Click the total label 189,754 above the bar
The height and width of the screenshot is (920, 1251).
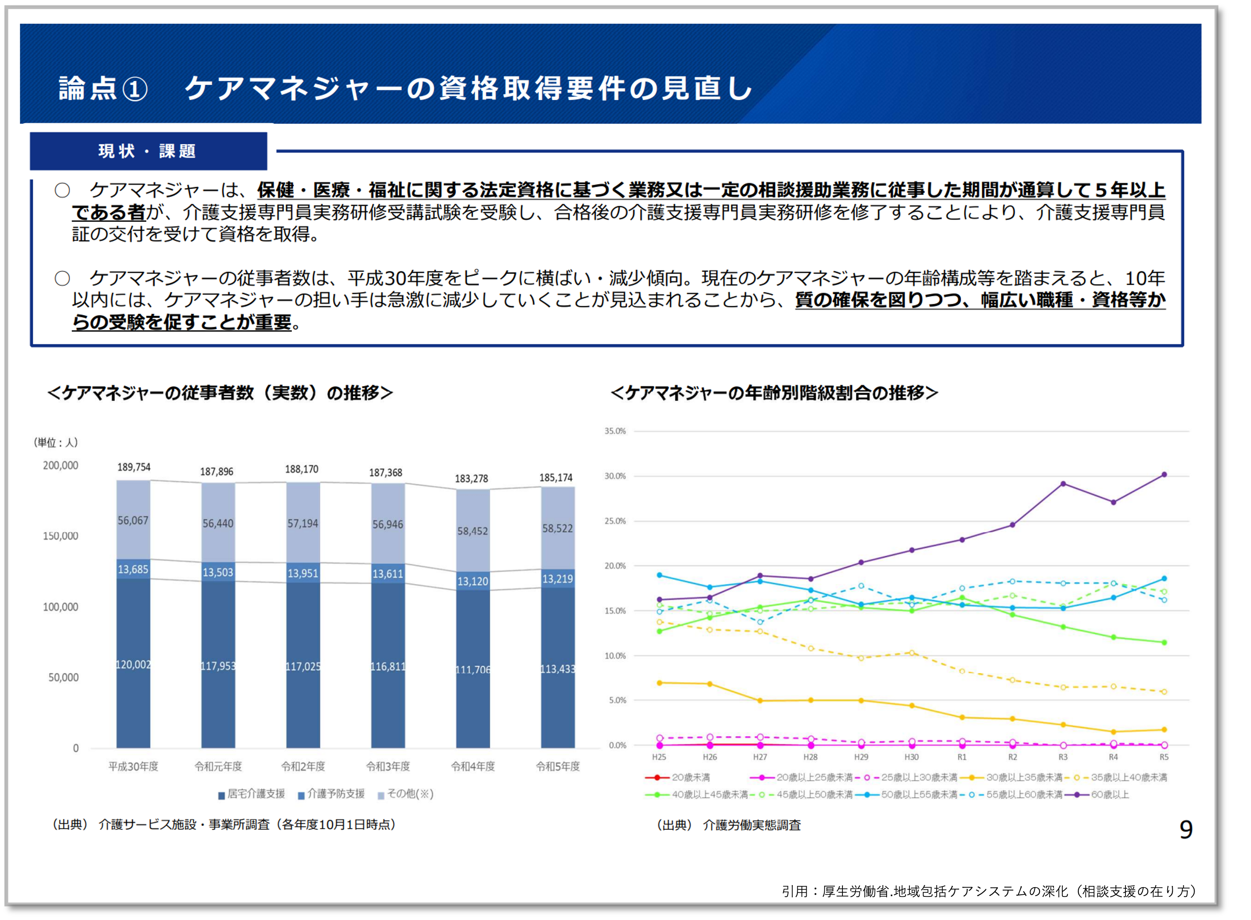[134, 467]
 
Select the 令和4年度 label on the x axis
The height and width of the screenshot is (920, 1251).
[473, 766]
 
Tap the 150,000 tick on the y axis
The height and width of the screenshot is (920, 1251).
[61, 536]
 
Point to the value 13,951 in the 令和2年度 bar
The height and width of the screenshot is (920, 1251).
[302, 573]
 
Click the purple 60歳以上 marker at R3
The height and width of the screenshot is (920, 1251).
[1063, 484]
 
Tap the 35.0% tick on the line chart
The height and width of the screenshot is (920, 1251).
[615, 431]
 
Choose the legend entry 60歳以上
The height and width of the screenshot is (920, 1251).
[1109, 795]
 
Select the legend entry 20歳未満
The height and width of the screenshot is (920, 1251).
[690, 777]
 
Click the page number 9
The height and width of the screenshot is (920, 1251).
[1186, 830]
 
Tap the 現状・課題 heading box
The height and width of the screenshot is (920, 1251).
[148, 151]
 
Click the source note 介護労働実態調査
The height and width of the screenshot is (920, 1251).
[752, 825]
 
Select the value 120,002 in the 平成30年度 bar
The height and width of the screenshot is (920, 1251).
[133, 665]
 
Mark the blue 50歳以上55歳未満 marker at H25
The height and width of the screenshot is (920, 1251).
[659, 575]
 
